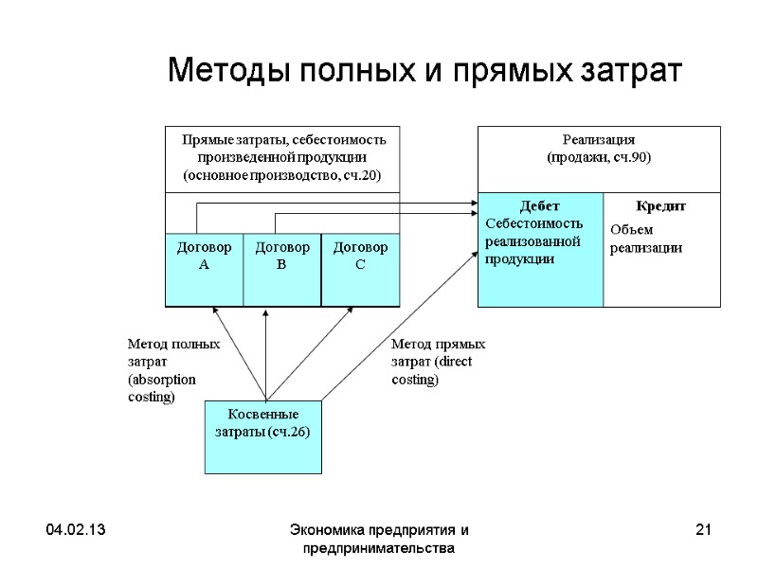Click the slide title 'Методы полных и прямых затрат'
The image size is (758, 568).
424,71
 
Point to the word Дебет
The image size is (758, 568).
540,206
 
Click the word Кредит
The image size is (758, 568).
660,206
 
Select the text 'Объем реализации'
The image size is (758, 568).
645,239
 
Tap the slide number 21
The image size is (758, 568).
703,530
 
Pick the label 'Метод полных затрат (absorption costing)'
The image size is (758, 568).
173,371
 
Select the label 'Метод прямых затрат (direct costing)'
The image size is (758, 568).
438,362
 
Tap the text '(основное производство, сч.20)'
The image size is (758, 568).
281,175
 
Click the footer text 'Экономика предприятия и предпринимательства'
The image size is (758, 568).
379,539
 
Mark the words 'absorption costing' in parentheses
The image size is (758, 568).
162,388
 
